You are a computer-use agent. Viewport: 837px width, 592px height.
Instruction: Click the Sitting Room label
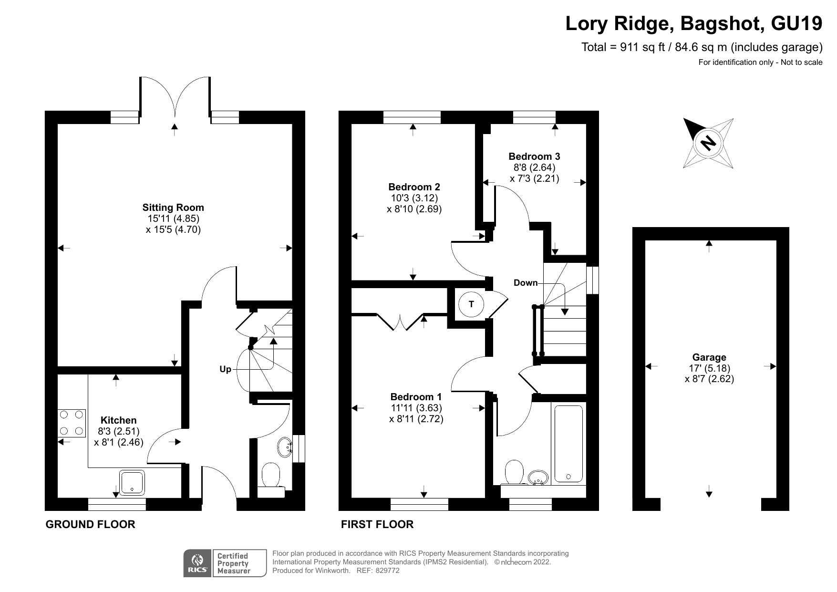click(x=173, y=208)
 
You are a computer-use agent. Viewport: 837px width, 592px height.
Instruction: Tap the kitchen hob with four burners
click(x=72, y=423)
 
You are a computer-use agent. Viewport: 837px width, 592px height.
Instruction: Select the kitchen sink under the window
click(x=132, y=482)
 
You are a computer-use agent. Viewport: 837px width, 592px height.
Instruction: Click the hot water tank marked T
click(x=471, y=304)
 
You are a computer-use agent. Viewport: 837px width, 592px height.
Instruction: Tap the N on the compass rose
click(x=709, y=143)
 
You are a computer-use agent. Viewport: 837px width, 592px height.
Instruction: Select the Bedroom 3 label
click(x=534, y=156)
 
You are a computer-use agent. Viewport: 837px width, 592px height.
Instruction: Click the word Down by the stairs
click(x=525, y=283)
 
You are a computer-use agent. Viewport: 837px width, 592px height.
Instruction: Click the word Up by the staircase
click(x=225, y=369)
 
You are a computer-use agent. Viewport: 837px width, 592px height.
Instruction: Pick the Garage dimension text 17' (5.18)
click(x=709, y=368)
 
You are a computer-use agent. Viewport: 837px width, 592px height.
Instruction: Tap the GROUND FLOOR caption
click(x=90, y=524)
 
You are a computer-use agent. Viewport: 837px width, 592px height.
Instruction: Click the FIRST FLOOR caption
click(x=377, y=524)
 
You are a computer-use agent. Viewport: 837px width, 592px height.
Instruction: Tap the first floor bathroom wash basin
click(x=539, y=477)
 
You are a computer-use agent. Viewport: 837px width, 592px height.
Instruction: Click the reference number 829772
click(x=387, y=571)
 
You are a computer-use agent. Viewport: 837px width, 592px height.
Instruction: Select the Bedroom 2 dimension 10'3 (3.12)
click(x=414, y=198)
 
